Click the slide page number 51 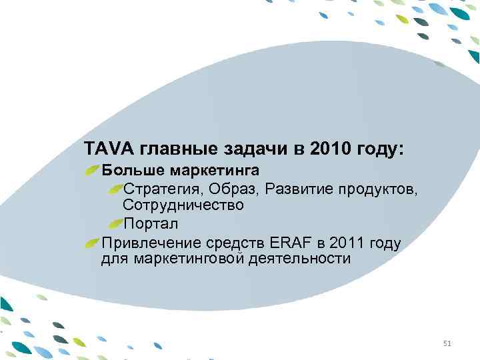[x=447, y=344]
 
